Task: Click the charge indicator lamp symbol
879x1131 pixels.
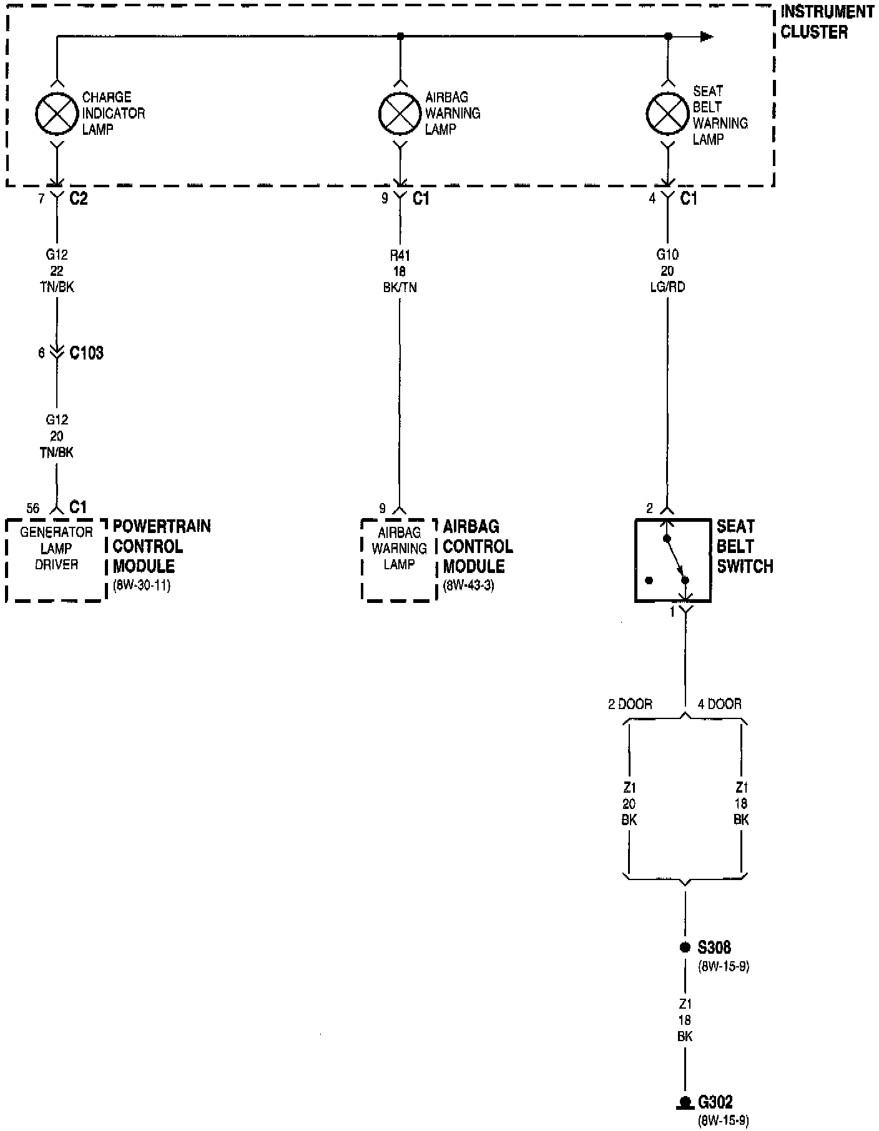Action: click(x=56, y=114)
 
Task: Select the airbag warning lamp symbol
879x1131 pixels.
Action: click(x=400, y=114)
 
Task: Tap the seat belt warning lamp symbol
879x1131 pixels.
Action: click(x=667, y=114)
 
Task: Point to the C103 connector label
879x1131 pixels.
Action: click(x=86, y=353)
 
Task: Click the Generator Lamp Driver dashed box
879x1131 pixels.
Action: click(x=56, y=559)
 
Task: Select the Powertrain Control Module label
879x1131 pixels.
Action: click(x=161, y=546)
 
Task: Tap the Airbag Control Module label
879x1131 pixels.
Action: click(x=478, y=546)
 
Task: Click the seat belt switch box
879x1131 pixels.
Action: click(x=672, y=560)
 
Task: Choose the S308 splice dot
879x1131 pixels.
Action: click(x=685, y=947)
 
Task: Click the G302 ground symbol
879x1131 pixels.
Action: click(x=685, y=1102)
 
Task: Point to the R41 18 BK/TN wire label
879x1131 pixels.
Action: click(x=400, y=271)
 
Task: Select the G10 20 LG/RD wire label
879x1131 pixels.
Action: click(x=667, y=271)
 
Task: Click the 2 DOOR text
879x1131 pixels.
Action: click(x=630, y=704)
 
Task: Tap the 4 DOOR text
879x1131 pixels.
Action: click(x=719, y=704)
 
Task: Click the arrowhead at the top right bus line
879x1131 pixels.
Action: click(x=706, y=37)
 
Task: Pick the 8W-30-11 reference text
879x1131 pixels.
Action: click(x=141, y=586)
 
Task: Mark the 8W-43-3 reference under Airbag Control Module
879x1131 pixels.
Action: click(x=468, y=586)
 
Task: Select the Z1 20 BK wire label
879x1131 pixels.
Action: click(x=629, y=803)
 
